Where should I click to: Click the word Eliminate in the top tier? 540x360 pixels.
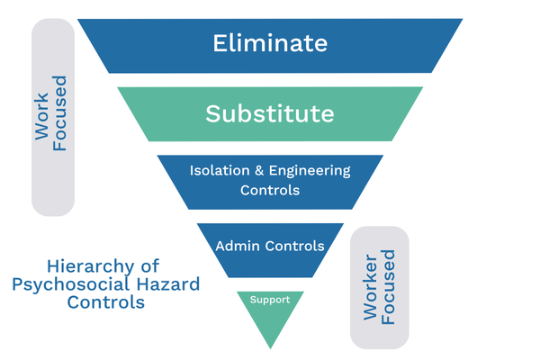tap(270, 42)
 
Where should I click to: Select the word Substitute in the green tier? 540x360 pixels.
tap(270, 114)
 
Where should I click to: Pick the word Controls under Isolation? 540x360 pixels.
tap(270, 191)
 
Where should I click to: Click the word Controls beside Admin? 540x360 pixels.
tap(292, 245)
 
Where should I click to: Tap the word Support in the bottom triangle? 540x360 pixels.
tap(270, 300)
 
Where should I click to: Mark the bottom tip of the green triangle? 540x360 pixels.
tap(270, 348)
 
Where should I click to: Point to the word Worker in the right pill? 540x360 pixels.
tap(370, 286)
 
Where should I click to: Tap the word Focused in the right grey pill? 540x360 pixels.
tap(388, 286)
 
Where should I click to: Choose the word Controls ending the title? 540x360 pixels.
tap(106, 302)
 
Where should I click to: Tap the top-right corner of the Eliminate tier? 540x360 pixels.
tap(463, 19)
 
